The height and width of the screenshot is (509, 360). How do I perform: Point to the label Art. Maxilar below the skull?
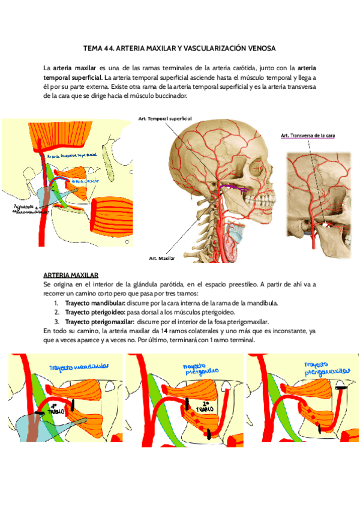click(x=162, y=258)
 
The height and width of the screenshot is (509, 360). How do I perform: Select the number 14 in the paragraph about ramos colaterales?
click(x=141, y=331)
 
